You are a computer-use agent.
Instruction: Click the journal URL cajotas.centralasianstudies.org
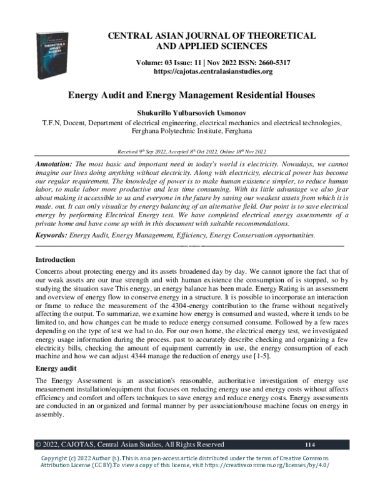click(207, 72)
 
